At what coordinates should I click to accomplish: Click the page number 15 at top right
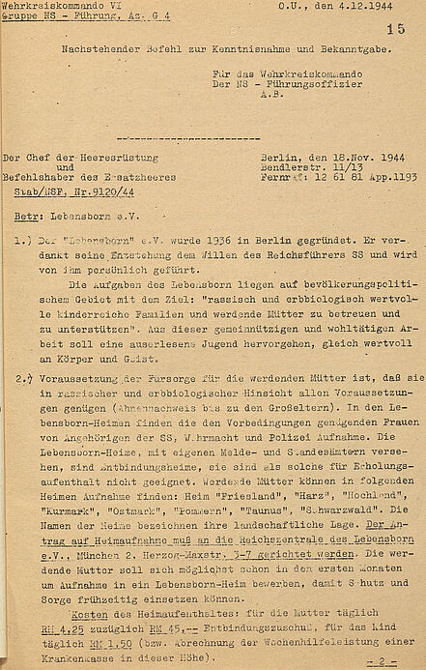tap(395, 31)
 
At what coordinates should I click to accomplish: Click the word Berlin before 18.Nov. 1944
tap(280, 156)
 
